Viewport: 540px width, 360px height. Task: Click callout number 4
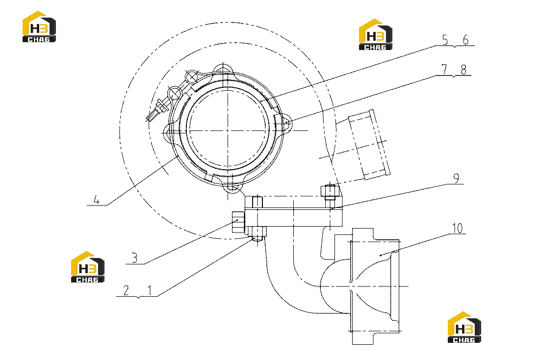(x=97, y=200)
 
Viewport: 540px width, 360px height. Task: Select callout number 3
(x=135, y=257)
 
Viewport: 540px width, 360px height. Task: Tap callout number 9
(x=456, y=179)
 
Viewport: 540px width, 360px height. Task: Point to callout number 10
(x=458, y=228)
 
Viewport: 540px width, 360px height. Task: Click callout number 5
(x=445, y=40)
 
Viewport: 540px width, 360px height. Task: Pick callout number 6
(x=465, y=40)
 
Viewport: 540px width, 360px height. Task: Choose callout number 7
(x=444, y=70)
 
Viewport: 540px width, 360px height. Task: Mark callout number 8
(x=463, y=70)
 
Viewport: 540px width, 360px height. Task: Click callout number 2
(x=126, y=290)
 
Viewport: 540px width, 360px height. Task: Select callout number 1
(x=150, y=290)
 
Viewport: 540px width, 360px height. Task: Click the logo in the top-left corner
(x=39, y=26)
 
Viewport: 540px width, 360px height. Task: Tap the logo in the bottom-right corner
(x=464, y=327)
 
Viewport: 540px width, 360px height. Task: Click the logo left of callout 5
(x=375, y=34)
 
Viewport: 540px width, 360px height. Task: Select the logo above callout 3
(x=87, y=267)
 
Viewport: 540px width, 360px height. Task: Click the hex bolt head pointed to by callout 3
(x=238, y=221)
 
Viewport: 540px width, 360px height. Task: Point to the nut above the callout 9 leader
(x=330, y=191)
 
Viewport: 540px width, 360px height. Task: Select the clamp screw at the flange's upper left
(x=156, y=109)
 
